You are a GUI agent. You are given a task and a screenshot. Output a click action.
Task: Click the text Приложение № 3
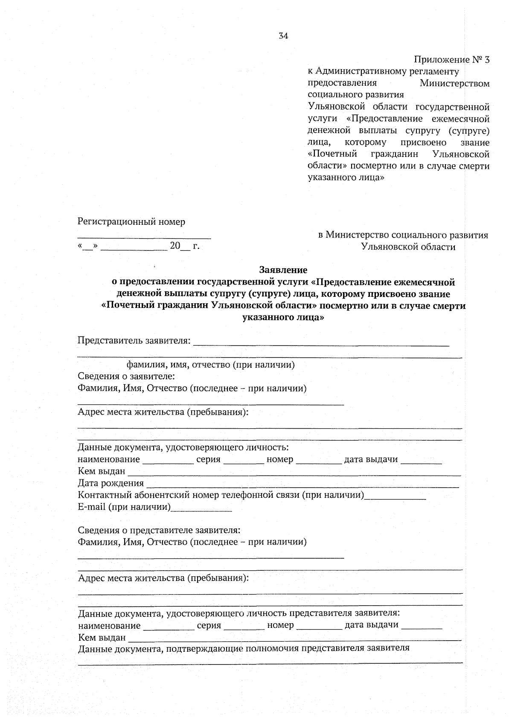click(x=452, y=60)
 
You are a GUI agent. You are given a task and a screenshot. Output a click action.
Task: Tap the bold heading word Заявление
click(x=283, y=270)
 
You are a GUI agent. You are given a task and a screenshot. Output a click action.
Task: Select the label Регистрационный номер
click(x=131, y=222)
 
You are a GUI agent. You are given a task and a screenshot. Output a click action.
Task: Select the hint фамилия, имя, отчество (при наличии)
click(x=211, y=365)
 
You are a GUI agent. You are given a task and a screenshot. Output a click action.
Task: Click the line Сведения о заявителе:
click(x=126, y=376)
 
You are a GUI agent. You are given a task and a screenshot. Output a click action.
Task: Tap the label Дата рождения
click(x=111, y=483)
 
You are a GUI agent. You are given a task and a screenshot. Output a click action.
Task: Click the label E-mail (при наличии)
click(x=124, y=507)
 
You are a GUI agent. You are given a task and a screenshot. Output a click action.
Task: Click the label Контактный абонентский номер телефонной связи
click(x=221, y=495)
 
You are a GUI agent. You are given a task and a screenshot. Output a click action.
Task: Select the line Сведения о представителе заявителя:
click(x=159, y=530)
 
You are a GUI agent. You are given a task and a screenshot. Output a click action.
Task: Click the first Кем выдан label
click(x=102, y=471)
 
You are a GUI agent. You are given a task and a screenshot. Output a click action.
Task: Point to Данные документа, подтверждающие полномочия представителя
click(x=243, y=648)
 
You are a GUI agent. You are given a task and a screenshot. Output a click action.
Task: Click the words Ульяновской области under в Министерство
click(x=408, y=247)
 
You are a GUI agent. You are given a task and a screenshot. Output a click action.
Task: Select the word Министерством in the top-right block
click(x=454, y=83)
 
